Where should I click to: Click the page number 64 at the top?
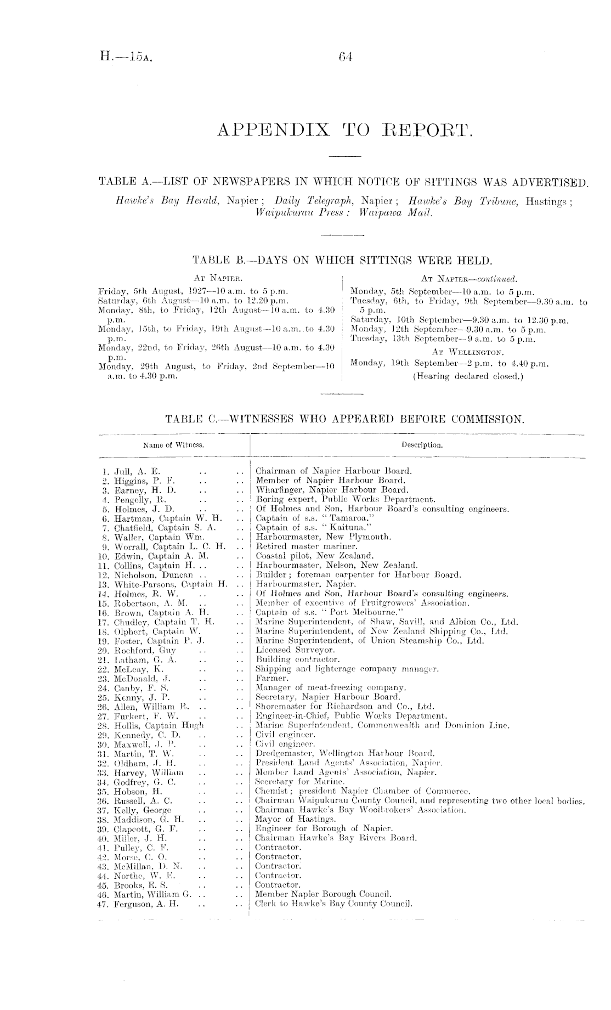pos(345,55)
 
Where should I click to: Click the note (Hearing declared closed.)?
pos(468,376)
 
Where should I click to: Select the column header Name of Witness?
pos(173,445)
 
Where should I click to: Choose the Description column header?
pos(421,445)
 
